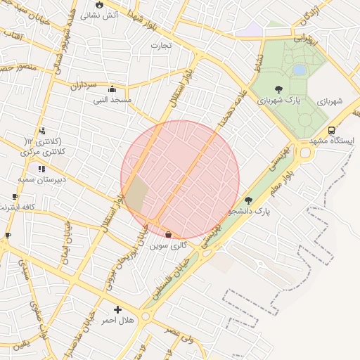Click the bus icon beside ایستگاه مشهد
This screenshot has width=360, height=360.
tap(331, 130)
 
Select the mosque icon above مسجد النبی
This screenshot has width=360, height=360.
tap(112, 89)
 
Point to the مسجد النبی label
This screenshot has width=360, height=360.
tap(112, 101)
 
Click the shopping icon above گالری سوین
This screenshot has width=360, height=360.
tap(168, 234)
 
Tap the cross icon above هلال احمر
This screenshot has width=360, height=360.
tap(117, 309)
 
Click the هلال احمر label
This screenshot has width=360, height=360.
tap(118, 321)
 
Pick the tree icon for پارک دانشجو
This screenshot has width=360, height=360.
tap(248, 200)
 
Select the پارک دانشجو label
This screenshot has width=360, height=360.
tap(251, 211)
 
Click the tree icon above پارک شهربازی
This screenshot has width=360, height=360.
tap(279, 89)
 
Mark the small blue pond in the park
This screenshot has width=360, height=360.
tap(300, 70)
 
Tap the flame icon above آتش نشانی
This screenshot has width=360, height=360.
tap(99, 4)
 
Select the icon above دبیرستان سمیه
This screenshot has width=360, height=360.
tap(41, 169)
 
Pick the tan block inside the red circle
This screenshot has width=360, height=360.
tap(136, 194)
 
